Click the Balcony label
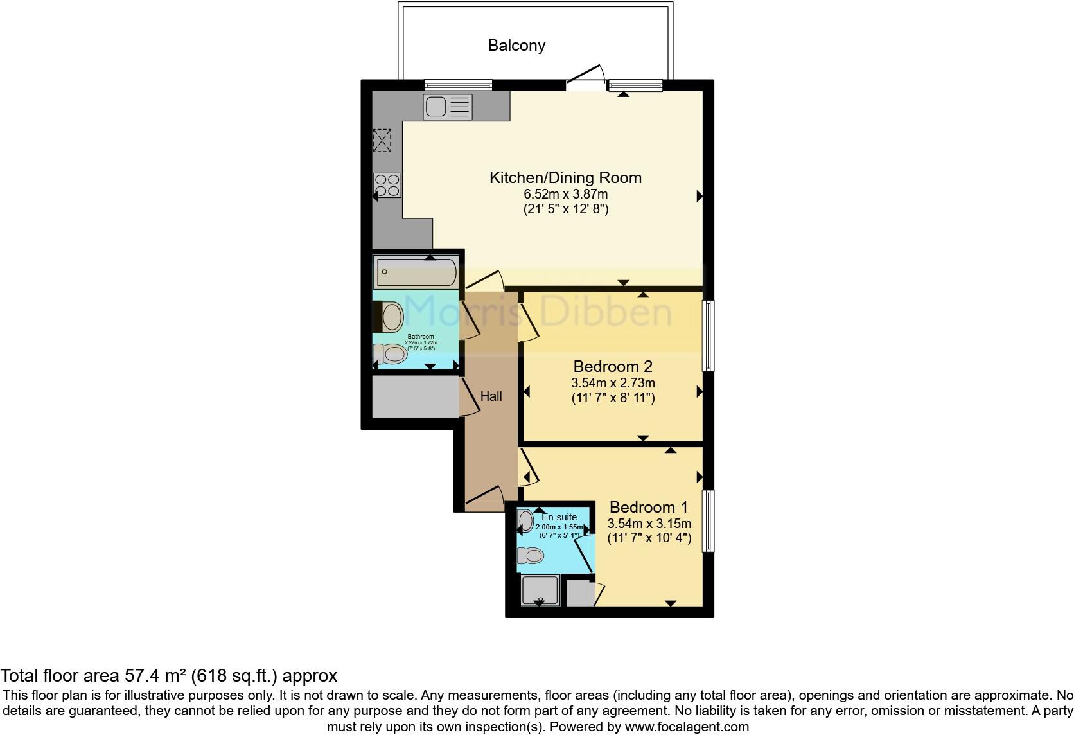[x=516, y=46]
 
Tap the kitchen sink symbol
[x=448, y=107]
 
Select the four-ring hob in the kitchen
[x=387, y=186]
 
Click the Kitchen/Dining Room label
[x=565, y=178]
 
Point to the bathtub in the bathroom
[x=416, y=272]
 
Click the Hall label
[x=491, y=396]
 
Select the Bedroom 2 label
[x=613, y=367]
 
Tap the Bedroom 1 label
[x=649, y=508]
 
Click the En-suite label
[x=559, y=517]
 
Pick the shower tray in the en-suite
[x=540, y=590]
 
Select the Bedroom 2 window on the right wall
[x=708, y=335]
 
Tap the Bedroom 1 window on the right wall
[x=708, y=521]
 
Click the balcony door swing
[x=586, y=76]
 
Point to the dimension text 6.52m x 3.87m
[x=565, y=194]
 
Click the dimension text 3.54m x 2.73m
[x=613, y=383]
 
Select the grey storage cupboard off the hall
[x=415, y=396]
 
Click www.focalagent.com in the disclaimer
[x=687, y=727]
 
